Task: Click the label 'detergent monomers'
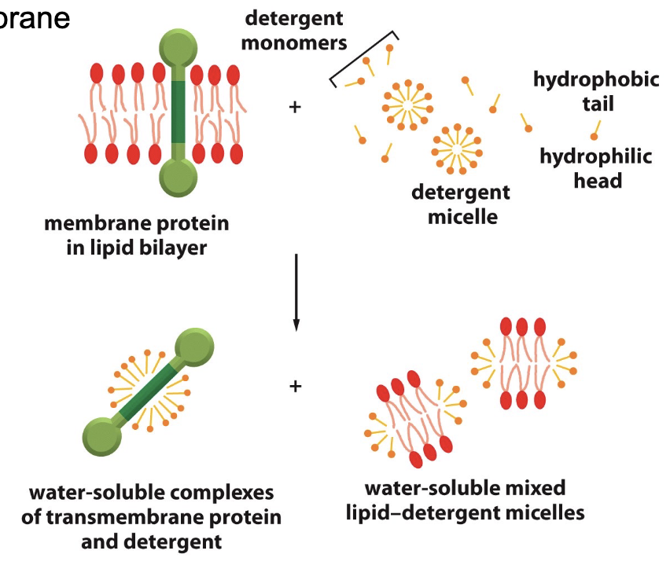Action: click(293, 29)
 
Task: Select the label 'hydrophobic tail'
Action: click(596, 90)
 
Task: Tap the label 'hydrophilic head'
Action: click(596, 168)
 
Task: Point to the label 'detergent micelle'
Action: click(461, 204)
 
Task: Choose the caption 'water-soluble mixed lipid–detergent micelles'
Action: click(466, 501)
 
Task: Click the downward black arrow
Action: click(296, 291)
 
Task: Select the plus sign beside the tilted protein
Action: click(295, 386)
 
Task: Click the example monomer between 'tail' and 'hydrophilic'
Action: click(596, 130)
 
